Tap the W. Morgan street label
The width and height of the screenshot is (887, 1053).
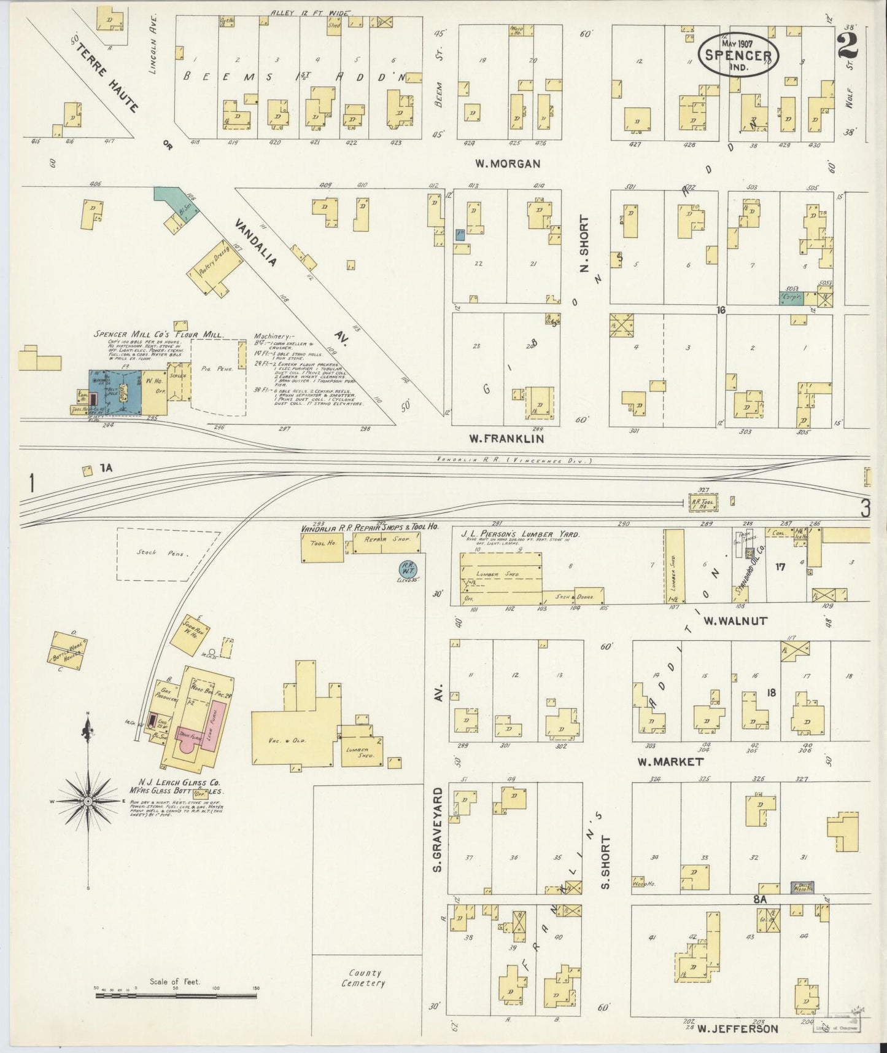pyautogui.click(x=507, y=163)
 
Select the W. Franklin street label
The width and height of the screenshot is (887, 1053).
pyautogui.click(x=506, y=439)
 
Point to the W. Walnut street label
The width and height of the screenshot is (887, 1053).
pyautogui.click(x=735, y=621)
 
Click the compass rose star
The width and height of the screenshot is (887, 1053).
pyautogui.click(x=88, y=802)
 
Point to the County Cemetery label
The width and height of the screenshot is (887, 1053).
pyautogui.click(x=363, y=978)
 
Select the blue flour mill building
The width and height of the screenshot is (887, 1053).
pyautogui.click(x=115, y=391)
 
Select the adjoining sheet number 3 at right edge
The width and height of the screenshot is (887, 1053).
pyautogui.click(x=864, y=508)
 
